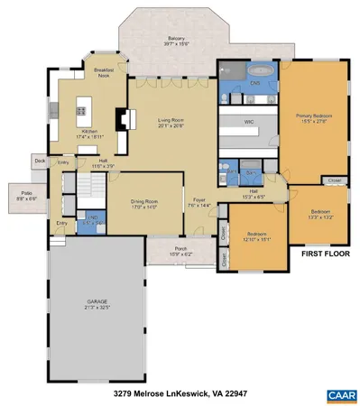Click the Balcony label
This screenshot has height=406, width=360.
[x=175, y=41]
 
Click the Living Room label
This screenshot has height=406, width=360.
[x=171, y=123]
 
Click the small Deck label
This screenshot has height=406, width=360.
[x=40, y=161]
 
